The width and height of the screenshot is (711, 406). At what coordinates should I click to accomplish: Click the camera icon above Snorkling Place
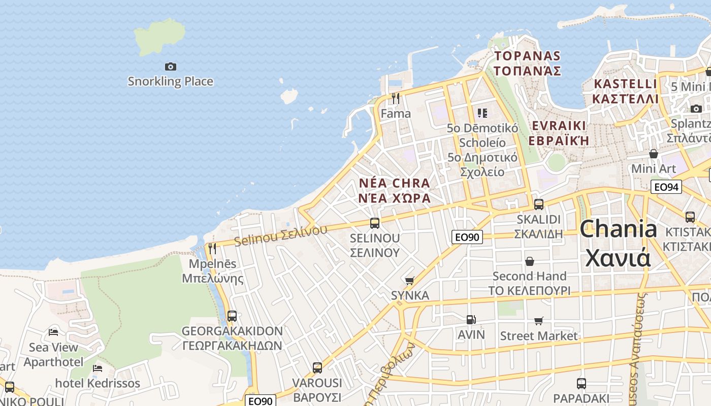pyautogui.click(x=171, y=66)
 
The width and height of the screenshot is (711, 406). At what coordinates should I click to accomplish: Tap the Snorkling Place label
pyautogui.click(x=170, y=81)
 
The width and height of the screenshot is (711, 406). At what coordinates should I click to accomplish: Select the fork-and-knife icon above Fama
pyautogui.click(x=396, y=98)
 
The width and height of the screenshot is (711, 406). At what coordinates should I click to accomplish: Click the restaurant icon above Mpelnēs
pyautogui.click(x=212, y=248)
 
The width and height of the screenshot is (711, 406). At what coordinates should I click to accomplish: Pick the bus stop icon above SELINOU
pyautogui.click(x=375, y=223)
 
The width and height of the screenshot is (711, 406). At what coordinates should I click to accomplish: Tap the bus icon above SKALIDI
pyautogui.click(x=539, y=205)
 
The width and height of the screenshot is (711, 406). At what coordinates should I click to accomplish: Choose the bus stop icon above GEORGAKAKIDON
pyautogui.click(x=232, y=316)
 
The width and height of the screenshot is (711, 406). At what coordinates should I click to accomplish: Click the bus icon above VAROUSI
pyautogui.click(x=317, y=368)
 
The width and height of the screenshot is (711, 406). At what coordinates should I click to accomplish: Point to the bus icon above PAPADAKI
pyautogui.click(x=581, y=384)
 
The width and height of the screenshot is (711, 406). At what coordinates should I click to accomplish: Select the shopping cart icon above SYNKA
pyautogui.click(x=410, y=281)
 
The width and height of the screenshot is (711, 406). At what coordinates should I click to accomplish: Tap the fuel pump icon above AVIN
pyautogui.click(x=471, y=320)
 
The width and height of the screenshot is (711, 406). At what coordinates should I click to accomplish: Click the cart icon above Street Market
pyautogui.click(x=539, y=321)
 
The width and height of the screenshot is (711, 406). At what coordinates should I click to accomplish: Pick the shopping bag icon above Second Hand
pyautogui.click(x=530, y=261)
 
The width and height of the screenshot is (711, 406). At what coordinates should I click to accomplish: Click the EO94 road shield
pyautogui.click(x=666, y=187)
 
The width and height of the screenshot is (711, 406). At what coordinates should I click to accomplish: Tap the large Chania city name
pyautogui.click(x=618, y=243)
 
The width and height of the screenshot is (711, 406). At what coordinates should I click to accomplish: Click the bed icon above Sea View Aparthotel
pyautogui.click(x=53, y=332)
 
